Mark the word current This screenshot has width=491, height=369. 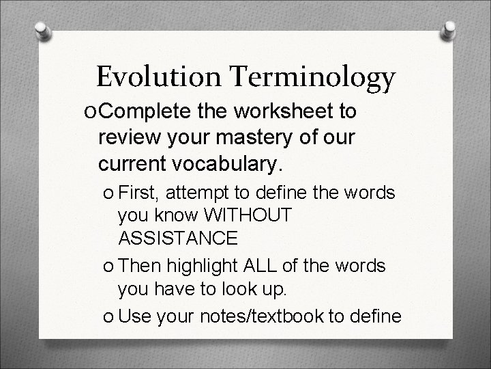(133, 163)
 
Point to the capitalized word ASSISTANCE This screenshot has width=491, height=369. (178, 238)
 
